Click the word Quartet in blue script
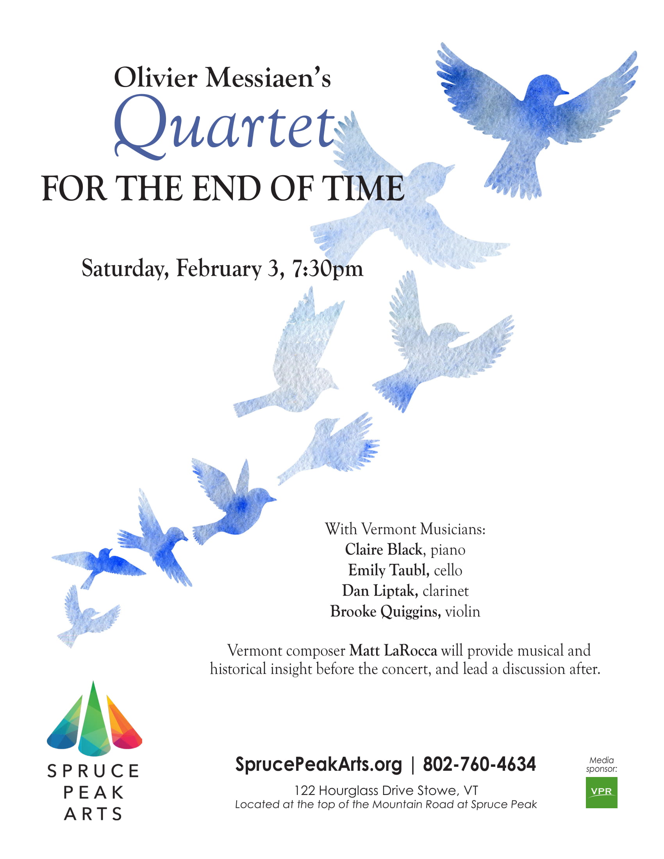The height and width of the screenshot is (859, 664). pos(225,127)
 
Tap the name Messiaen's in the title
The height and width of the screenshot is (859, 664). pos(268,77)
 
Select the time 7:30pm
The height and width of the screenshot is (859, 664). pos(327,269)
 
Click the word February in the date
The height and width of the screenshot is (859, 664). pos(219,269)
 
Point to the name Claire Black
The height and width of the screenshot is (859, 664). pos(384,549)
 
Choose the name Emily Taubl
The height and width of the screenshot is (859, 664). pos(387,570)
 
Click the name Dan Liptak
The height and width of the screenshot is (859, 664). pos(379,590)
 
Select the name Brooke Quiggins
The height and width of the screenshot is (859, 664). pos(385,611)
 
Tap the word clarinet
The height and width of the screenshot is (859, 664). pos(446,591)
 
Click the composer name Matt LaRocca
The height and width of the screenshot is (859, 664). pos(393,650)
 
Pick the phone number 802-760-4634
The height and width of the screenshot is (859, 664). pos(479,764)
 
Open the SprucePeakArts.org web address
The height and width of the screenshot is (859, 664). pos(319,764)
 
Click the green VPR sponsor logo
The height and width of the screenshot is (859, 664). pos(601,792)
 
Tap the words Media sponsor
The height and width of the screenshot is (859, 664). pos(601,764)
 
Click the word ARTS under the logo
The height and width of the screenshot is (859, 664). pos(93,814)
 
